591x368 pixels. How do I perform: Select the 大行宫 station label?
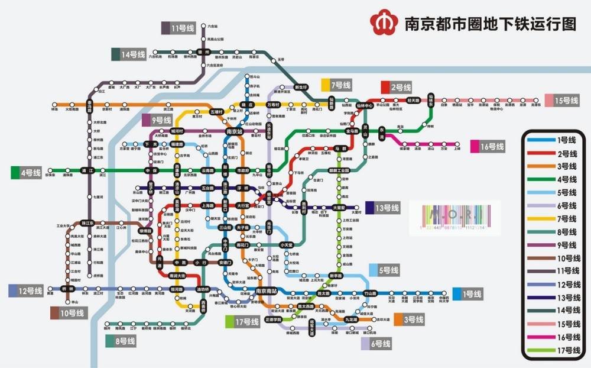(x=242, y=205)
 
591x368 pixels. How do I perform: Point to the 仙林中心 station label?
(x=360, y=106)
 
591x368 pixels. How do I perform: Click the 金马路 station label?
(x=352, y=131)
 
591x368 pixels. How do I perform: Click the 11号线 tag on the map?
(x=178, y=28)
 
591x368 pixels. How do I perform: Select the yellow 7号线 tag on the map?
(x=336, y=85)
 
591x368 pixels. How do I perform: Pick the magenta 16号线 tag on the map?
(x=487, y=146)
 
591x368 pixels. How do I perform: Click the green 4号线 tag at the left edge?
(x=26, y=173)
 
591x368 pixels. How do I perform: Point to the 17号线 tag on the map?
(x=242, y=322)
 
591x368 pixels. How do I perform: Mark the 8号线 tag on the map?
(x=121, y=341)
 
